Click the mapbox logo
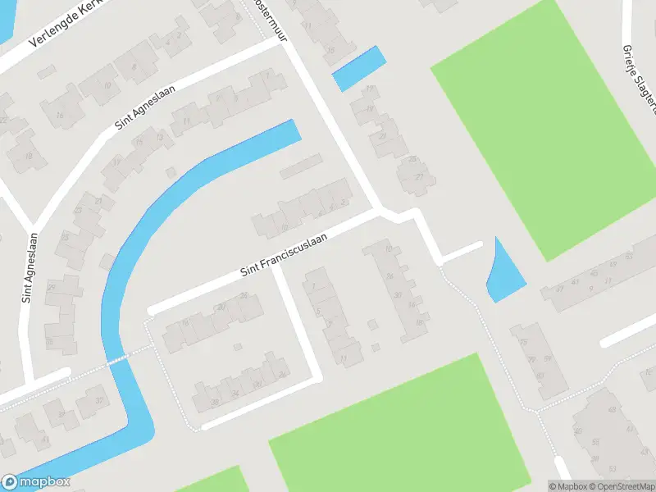[x=36, y=482]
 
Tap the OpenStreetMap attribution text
[x=621, y=486]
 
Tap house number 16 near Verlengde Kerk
[x=60, y=116]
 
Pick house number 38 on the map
[x=215, y=402]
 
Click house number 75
[x=522, y=342]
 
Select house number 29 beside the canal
[x=51, y=287]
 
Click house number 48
[x=611, y=409]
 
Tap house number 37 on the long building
[x=559, y=288]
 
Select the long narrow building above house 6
[x=301, y=166]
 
